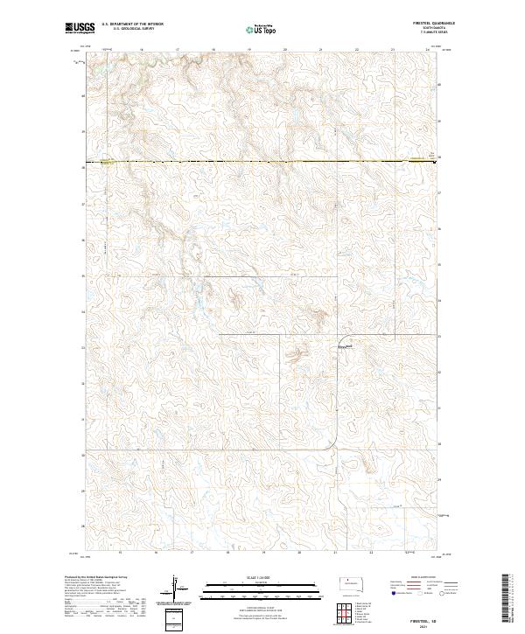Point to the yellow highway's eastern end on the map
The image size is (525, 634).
(x=436, y=160)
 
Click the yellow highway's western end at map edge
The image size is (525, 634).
(x=104, y=162)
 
